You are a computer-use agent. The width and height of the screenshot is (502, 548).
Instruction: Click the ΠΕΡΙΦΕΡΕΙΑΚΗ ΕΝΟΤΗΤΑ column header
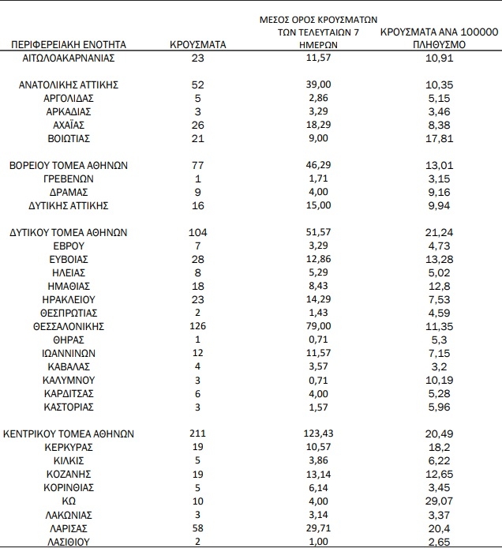69,46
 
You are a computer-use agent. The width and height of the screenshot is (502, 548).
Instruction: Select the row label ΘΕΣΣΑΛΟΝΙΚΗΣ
69,326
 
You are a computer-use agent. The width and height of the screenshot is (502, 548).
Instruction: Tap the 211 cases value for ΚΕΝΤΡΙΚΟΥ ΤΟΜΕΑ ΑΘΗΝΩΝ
197,434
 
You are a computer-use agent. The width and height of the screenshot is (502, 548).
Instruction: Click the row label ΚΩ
69,501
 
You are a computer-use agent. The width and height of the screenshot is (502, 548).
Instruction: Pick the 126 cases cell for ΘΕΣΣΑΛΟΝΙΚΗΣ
197,326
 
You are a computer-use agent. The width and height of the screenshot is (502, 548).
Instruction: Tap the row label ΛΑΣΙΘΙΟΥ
69,541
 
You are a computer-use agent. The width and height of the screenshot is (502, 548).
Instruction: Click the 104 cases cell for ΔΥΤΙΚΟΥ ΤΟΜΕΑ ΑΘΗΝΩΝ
197,233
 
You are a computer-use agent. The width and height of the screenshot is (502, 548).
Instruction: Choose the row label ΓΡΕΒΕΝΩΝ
69,179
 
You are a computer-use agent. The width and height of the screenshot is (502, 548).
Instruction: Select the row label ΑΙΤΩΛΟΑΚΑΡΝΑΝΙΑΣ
69,58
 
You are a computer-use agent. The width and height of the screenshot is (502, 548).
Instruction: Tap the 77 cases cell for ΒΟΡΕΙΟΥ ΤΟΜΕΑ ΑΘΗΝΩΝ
197,166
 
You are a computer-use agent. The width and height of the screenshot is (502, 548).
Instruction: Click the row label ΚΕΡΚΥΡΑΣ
69,447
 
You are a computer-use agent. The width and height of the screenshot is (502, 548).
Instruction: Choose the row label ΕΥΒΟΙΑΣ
69,259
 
